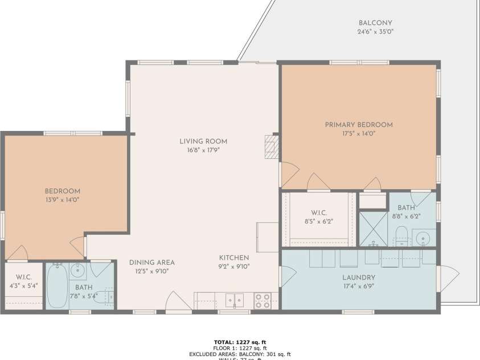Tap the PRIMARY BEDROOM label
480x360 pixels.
tap(359, 125)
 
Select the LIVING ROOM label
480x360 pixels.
tap(203, 141)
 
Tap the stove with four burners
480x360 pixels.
tap(262, 300)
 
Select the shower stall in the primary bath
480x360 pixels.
tap(373, 228)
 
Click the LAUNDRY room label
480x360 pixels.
tap(359, 278)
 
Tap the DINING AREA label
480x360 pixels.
tap(151, 263)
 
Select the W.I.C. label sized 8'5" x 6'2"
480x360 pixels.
tap(318, 214)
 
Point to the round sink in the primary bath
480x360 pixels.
tap(422, 237)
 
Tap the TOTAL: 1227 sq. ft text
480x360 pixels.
tap(240, 341)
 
